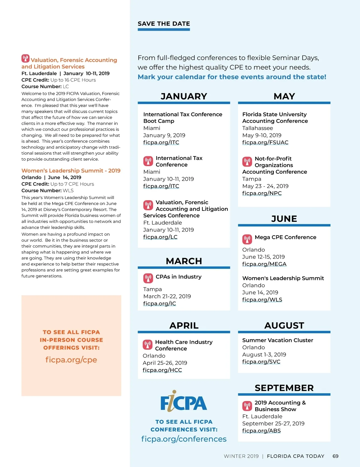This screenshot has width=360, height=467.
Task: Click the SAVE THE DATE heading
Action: click(163, 24)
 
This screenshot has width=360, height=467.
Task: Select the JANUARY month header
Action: click(184, 96)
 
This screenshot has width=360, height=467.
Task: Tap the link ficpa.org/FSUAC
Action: click(265, 142)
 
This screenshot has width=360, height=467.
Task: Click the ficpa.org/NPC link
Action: click(262, 193)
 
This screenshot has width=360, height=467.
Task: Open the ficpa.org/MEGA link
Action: click(264, 264)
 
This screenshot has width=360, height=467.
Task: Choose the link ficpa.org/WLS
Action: click(262, 300)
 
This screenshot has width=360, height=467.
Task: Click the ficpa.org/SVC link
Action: click(261, 362)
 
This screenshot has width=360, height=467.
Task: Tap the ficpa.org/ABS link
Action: click(262, 431)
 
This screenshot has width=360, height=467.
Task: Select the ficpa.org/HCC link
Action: click(162, 370)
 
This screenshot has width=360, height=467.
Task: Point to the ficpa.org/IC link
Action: click(160, 304)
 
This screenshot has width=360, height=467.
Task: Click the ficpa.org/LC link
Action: click(160, 237)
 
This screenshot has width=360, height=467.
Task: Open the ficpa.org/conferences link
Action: click(184, 439)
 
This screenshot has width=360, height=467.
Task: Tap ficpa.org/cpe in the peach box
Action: click(71, 360)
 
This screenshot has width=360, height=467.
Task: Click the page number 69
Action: click(335, 456)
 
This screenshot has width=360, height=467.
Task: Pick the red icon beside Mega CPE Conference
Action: click(247, 239)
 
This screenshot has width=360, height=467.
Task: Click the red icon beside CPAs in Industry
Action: click(148, 278)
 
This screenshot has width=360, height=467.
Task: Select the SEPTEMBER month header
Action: click(284, 388)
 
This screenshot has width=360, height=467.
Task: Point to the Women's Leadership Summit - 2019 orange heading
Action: click(71, 171)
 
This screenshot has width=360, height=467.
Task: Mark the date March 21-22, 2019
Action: click(167, 296)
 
